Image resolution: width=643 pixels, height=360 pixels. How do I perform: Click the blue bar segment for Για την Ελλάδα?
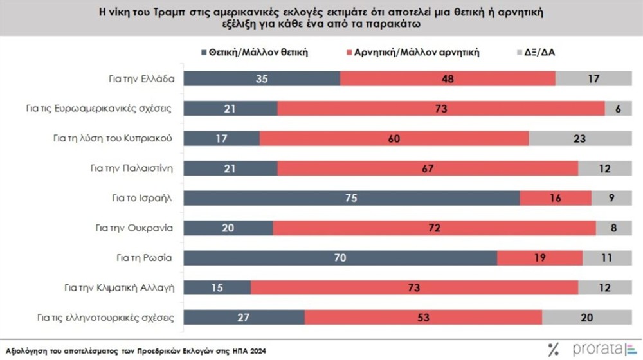[262, 78]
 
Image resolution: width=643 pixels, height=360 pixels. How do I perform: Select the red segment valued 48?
[448, 78]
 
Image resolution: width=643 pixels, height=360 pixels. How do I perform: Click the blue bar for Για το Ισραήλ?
[352, 198]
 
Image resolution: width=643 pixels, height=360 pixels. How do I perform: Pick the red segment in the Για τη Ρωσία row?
[539, 258]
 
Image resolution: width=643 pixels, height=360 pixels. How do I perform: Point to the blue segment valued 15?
[218, 287]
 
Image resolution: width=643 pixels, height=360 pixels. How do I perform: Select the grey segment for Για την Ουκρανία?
[614, 228]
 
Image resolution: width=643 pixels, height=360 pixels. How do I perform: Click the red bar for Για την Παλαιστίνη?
[428, 168]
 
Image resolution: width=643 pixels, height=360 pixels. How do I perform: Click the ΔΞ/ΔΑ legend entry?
[539, 52]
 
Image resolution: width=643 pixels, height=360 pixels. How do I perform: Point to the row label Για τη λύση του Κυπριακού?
[120, 138]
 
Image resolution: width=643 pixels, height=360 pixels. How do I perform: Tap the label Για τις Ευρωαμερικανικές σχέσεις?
[112, 109]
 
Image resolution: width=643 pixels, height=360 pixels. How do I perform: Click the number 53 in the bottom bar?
[423, 318]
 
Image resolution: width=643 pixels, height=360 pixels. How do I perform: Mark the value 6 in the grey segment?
[618, 109]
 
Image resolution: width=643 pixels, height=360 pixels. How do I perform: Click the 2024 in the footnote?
[256, 351]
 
